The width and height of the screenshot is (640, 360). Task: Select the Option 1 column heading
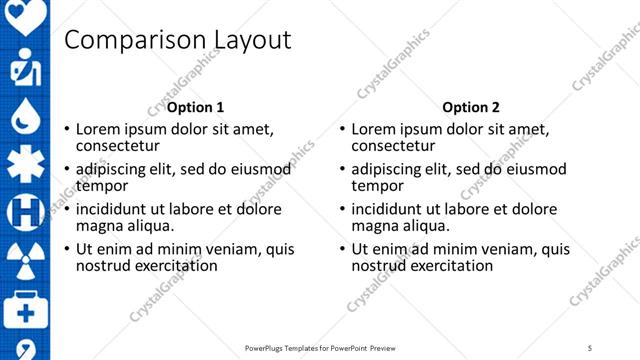coord(195,107)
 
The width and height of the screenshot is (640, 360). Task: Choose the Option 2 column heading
coord(471,107)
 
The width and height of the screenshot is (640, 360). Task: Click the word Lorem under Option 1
coord(99,129)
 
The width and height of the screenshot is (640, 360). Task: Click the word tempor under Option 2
coord(377,186)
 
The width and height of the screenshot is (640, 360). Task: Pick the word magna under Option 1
coord(98,226)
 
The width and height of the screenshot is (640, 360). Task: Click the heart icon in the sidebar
coord(25,14)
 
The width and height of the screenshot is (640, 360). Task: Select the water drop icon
coord(25,118)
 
